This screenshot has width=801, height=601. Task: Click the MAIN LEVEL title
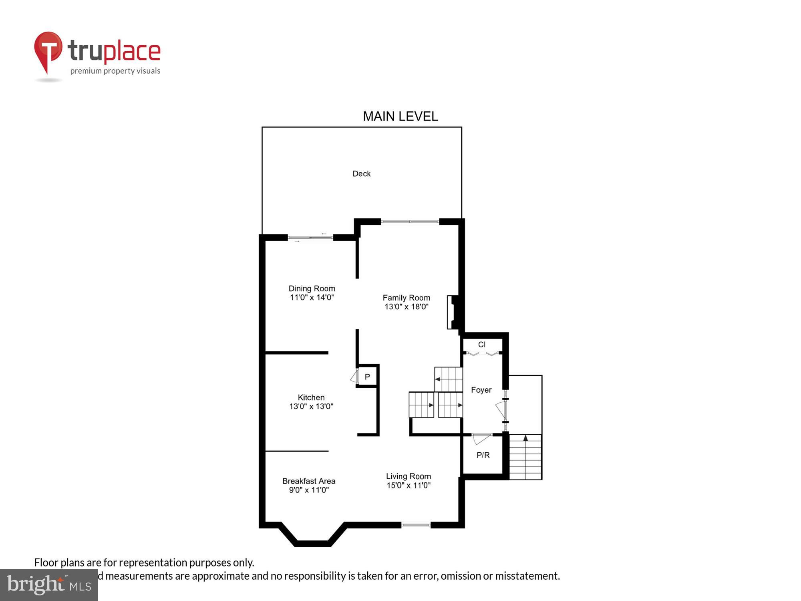(400, 117)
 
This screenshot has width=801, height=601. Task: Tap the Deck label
(361, 173)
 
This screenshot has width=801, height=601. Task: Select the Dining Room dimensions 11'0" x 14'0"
(312, 297)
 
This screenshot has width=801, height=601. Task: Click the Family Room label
(406, 298)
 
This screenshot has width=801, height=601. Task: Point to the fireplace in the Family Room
(453, 313)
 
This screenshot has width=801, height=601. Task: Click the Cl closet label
(482, 345)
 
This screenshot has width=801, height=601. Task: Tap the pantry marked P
(367, 377)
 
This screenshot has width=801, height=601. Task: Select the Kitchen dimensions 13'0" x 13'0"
(311, 406)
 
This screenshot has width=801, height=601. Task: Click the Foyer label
(481, 390)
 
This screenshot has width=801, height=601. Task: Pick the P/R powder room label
(483, 455)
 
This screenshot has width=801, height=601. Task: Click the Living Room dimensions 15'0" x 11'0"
(408, 485)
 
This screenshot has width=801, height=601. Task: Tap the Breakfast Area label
(309, 481)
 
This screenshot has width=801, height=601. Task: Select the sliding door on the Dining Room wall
(310, 238)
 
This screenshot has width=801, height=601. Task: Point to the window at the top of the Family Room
(410, 222)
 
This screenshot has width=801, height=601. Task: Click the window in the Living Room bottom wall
(416, 525)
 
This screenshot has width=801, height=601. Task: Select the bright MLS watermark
(49, 585)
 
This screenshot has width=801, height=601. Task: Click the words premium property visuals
(115, 71)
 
